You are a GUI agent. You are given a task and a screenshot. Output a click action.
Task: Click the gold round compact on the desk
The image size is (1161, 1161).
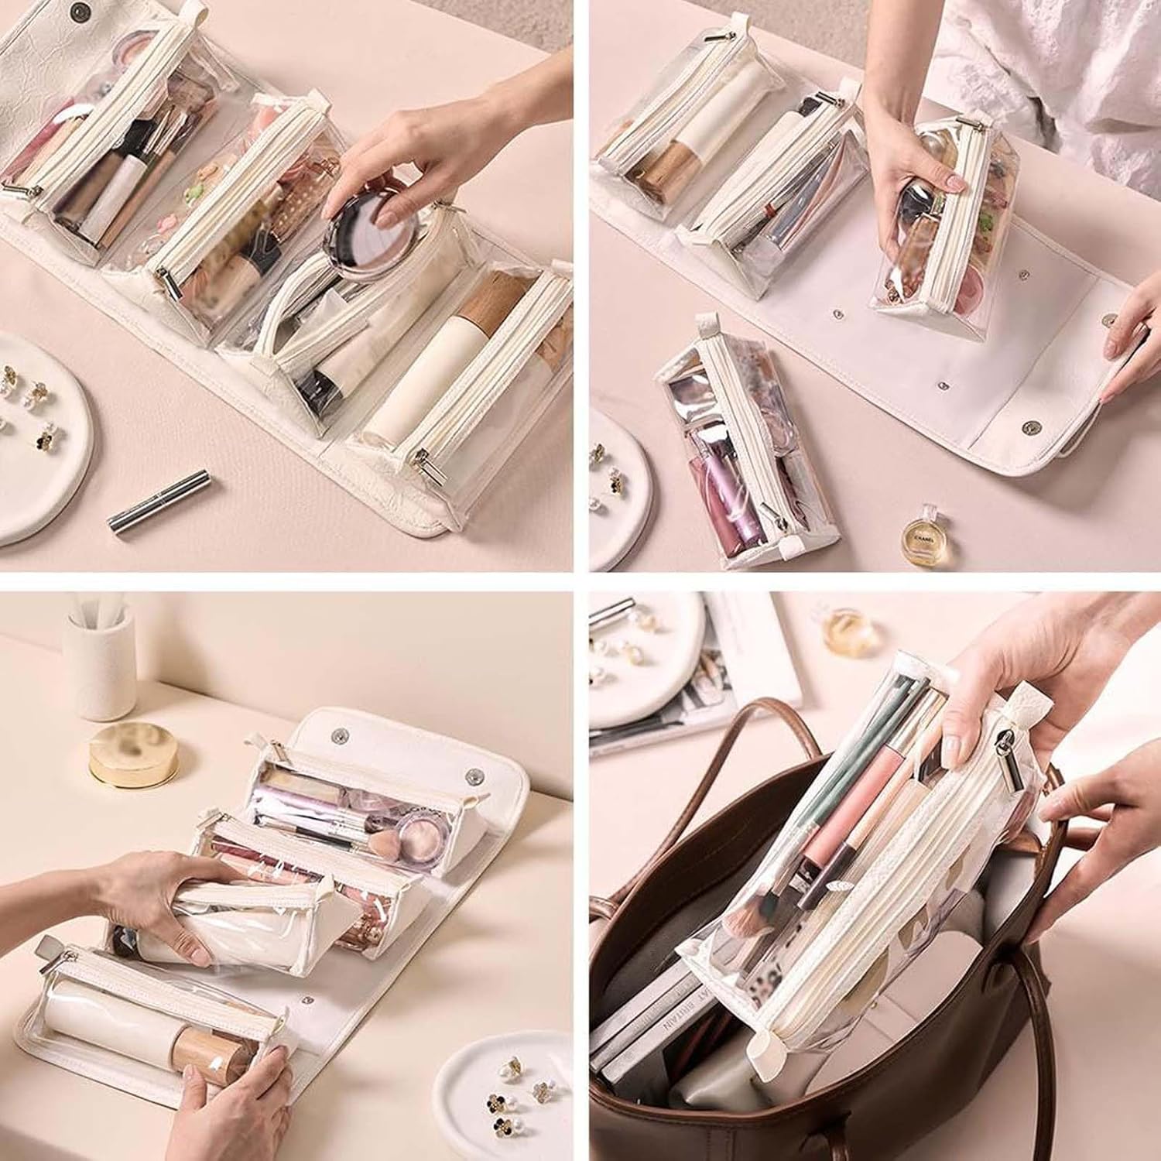tap(133, 754)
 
